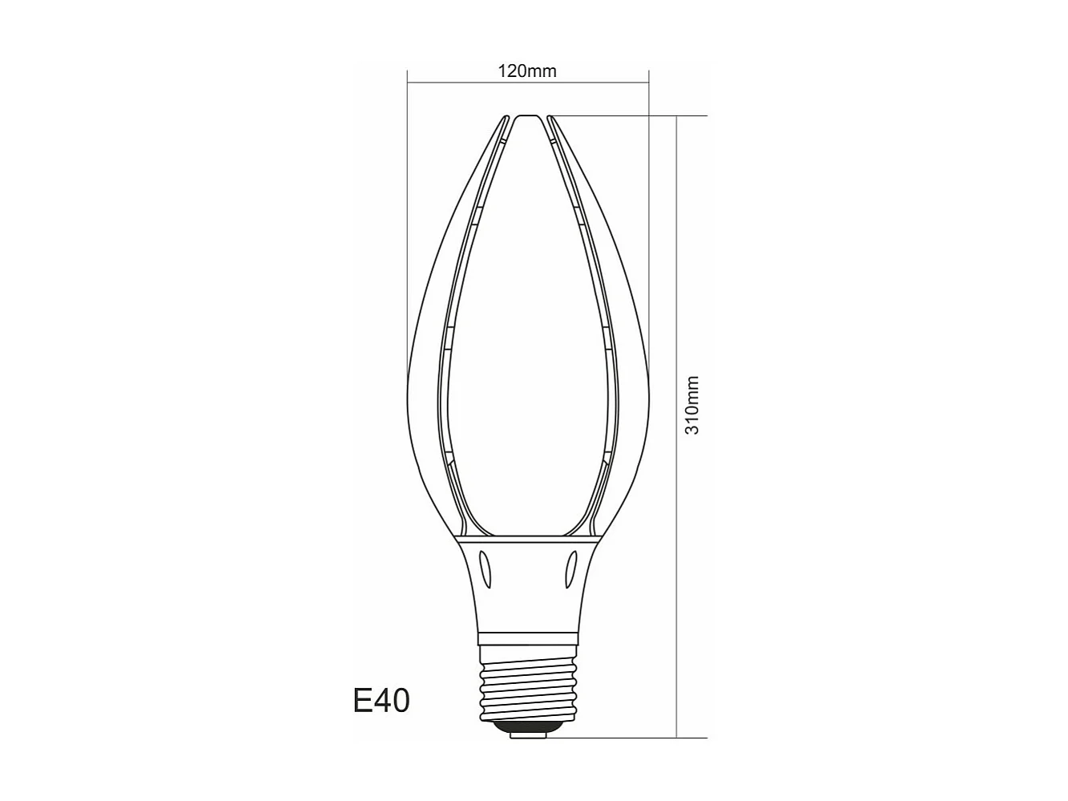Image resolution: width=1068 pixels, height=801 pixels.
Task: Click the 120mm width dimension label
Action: [x=527, y=71]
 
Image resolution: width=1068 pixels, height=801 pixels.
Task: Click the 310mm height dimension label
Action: [x=693, y=405]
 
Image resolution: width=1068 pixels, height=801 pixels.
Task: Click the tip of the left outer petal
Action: [x=507, y=119]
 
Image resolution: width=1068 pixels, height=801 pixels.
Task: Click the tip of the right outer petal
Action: [x=550, y=119]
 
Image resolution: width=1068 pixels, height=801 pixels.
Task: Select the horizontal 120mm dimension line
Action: [x=449, y=81]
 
